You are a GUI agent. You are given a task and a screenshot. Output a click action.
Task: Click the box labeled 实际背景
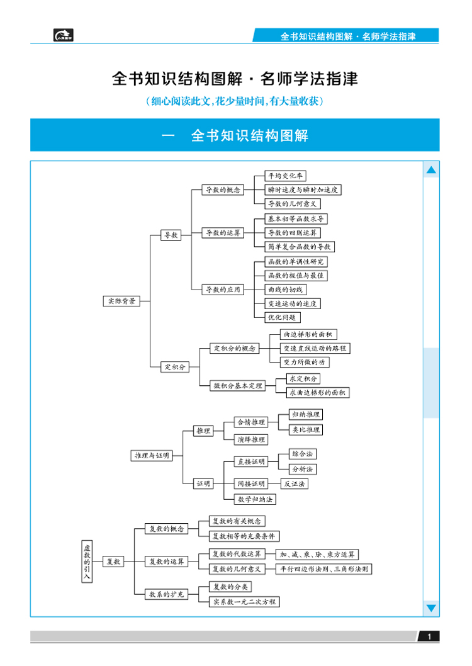(120, 301)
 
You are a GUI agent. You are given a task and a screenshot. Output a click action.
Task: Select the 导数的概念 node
(222, 189)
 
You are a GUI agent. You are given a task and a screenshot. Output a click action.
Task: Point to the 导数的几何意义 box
(293, 203)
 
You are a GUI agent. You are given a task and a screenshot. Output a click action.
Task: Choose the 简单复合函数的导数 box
(299, 247)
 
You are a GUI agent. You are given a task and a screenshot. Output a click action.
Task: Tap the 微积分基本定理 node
(237, 385)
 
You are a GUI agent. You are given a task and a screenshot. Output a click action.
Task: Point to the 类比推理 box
(306, 429)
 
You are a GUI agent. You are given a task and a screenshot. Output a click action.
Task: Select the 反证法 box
(294, 483)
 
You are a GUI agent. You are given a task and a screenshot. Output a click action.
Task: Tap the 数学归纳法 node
(255, 499)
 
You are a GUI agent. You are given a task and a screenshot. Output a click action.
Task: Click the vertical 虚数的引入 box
(87, 562)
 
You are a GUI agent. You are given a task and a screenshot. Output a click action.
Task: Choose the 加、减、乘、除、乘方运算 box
(318, 554)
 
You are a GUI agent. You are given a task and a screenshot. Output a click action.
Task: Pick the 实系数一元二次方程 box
(244, 601)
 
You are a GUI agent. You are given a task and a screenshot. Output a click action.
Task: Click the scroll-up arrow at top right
(431, 170)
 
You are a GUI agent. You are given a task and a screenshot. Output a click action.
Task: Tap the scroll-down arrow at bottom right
(431, 607)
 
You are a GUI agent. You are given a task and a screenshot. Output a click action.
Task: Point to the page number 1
(429, 637)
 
